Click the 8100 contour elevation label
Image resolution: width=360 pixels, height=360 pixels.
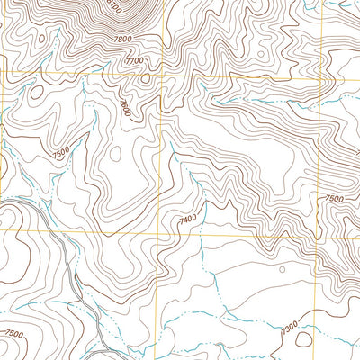(113, 7)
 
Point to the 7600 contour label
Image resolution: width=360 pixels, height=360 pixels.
(125, 109)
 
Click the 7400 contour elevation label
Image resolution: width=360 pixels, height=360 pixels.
(187, 219)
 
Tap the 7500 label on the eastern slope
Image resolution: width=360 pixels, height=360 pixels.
(334, 198)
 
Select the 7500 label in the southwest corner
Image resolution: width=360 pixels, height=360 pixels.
(14, 334)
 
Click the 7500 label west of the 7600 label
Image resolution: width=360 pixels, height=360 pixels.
(60, 156)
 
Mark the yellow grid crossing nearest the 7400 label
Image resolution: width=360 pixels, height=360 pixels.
(160, 237)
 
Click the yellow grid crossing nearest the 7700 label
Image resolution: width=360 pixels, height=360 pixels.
(159, 77)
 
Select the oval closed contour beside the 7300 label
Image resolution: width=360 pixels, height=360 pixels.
(303, 339)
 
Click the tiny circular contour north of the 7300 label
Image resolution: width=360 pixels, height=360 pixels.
(282, 268)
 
